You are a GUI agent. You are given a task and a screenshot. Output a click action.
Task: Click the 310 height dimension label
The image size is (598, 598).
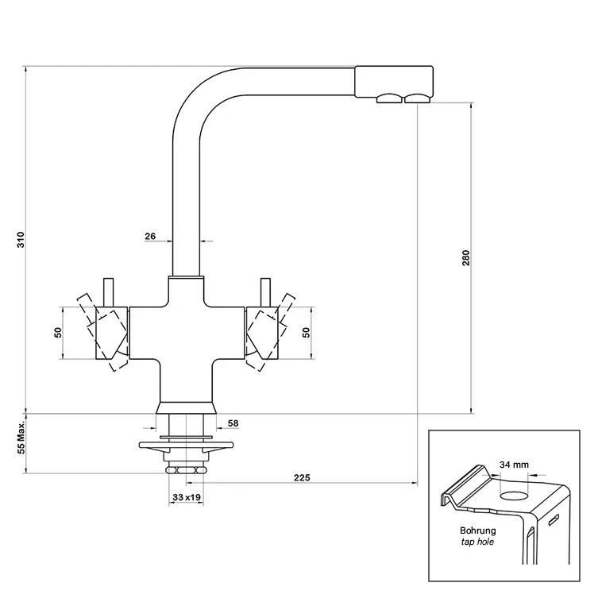pyautogui.click(x=21, y=240)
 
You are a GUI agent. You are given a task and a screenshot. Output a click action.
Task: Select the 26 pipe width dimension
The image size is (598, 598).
pyautogui.click(x=150, y=235)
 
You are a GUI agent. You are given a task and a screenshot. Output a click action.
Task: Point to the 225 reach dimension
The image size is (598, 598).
pyautogui.click(x=301, y=477)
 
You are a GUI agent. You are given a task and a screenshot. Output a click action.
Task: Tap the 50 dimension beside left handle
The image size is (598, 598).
pyautogui.click(x=58, y=332)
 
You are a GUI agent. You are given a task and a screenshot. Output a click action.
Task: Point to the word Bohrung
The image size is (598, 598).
pyautogui.click(x=478, y=530)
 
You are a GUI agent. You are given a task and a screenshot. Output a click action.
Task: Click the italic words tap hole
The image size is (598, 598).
pyautogui.click(x=478, y=543)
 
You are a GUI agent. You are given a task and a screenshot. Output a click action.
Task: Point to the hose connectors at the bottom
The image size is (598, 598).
pyautogui.click(x=185, y=469)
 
